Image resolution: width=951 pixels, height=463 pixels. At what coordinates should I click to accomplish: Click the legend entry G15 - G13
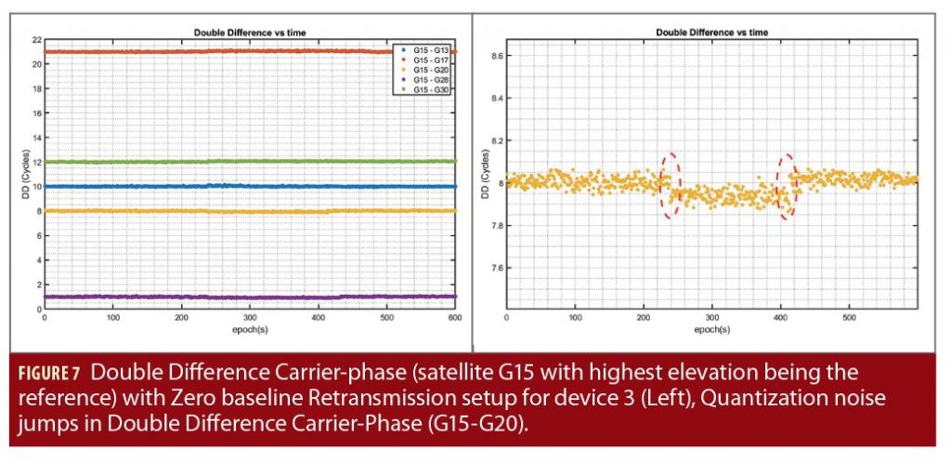pos(428,47)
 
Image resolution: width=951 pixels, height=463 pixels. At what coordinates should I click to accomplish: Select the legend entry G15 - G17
pos(428,58)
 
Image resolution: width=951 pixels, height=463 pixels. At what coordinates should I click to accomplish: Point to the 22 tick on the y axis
pos(36,40)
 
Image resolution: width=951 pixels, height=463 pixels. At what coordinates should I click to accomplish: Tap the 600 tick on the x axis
pos(455,317)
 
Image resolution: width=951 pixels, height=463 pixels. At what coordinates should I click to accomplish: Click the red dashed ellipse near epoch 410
pos(787,187)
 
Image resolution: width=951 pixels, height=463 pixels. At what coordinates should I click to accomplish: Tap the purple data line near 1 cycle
pos(251,297)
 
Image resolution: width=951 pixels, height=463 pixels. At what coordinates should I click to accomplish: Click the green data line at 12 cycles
pos(251,162)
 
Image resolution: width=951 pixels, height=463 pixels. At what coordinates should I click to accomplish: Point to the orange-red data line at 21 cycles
pos(251,52)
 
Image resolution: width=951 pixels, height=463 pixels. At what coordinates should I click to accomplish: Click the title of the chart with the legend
pos(249,33)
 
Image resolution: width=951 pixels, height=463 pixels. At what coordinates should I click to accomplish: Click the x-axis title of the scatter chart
pos(710,328)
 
